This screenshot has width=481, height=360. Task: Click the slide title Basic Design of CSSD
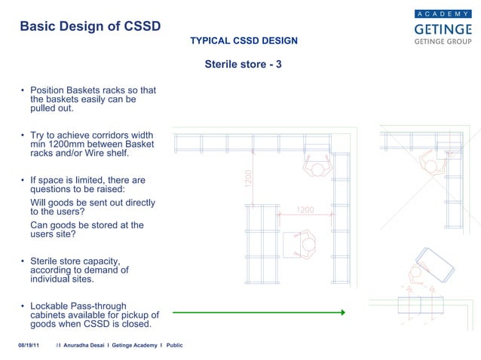[x=90, y=26]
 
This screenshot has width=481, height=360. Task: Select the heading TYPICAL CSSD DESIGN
[x=244, y=40]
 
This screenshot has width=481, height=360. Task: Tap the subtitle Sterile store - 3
[x=243, y=65]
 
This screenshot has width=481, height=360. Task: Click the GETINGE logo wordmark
[x=443, y=28]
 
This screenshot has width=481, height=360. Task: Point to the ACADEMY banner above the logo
[x=443, y=14]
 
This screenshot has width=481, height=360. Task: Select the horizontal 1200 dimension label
[x=305, y=209]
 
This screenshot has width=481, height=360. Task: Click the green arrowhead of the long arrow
[x=342, y=312]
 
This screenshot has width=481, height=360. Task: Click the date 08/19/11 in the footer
[x=29, y=345]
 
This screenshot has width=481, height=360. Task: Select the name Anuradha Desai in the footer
[x=84, y=345]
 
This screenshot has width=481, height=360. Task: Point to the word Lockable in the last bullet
[x=51, y=306]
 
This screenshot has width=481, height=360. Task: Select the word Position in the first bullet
[x=49, y=90]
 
